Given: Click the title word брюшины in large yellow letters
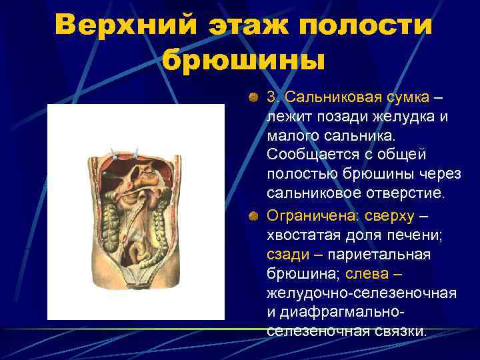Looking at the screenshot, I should tap(243, 61).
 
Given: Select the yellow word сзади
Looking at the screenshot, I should tap(287, 255).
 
